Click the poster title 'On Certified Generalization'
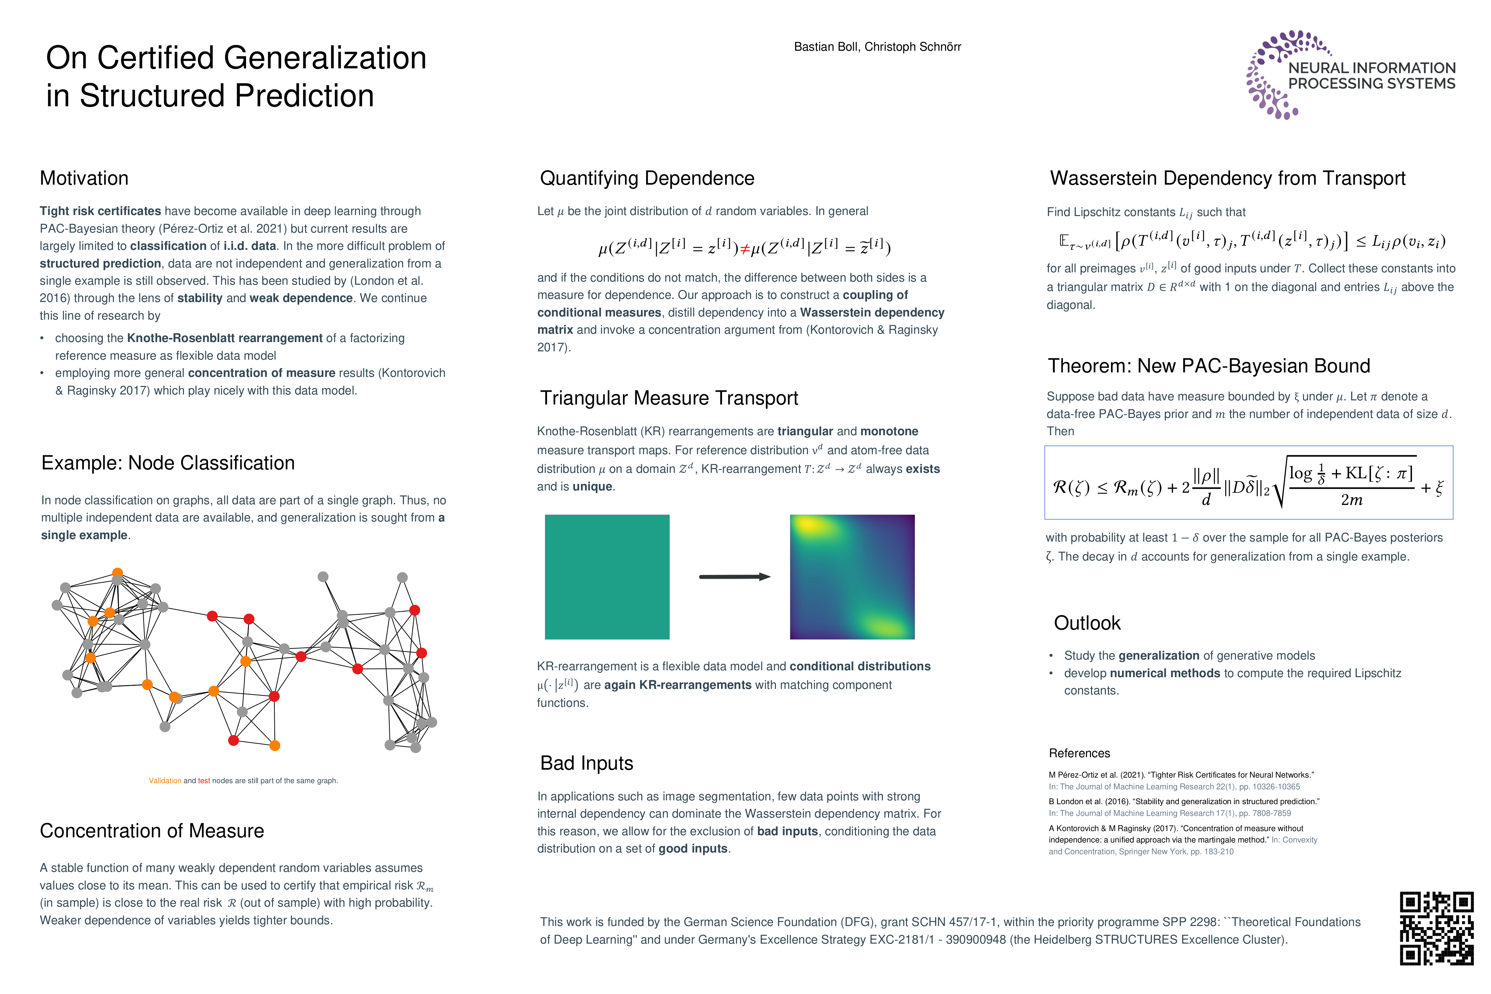pos(236,58)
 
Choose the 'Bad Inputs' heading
pos(586,763)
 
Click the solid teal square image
pos(607,576)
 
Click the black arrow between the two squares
pos(734,576)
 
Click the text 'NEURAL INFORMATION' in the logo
pos(1371,68)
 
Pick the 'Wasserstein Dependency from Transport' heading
pos(1227,178)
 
